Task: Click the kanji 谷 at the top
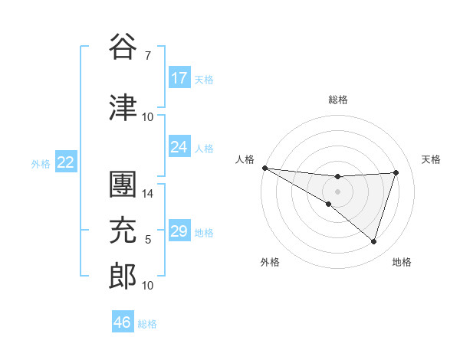point(123,47)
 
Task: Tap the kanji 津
point(123,107)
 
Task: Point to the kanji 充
point(123,231)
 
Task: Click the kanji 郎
point(123,277)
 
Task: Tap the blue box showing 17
point(179,78)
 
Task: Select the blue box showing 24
point(179,147)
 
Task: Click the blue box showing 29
point(179,231)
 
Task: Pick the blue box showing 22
point(66,162)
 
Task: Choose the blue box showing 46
point(123,322)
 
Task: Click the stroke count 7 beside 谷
point(147,56)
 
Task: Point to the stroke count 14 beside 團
point(148,194)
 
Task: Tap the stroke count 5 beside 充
point(148,240)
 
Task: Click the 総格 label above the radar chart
point(337,100)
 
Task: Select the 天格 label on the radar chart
point(431,159)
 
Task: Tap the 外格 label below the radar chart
point(270,262)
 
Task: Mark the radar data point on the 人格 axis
point(264,167)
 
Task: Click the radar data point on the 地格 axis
point(373,241)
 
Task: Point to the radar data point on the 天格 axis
point(396,172)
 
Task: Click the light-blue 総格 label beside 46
point(147,324)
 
